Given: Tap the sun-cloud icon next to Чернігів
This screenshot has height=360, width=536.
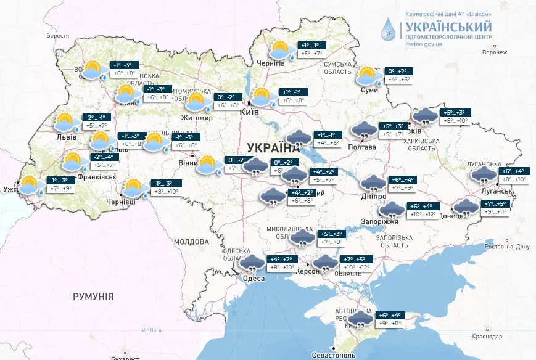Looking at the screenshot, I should [281, 49].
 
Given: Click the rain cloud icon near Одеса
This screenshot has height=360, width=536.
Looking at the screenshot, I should [251, 264].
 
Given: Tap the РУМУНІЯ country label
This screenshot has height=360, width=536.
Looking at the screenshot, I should [93, 297].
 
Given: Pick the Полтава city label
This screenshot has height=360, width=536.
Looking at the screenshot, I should [361, 147].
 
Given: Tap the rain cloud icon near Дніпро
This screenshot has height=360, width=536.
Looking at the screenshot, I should [373, 184].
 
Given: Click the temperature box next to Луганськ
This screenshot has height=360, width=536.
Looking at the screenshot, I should [514, 175].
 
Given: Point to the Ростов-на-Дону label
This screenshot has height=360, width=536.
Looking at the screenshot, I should [507, 246].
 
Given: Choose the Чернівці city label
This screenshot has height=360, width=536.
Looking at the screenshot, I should [121, 202].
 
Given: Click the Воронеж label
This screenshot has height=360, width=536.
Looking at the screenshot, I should [495, 52].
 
